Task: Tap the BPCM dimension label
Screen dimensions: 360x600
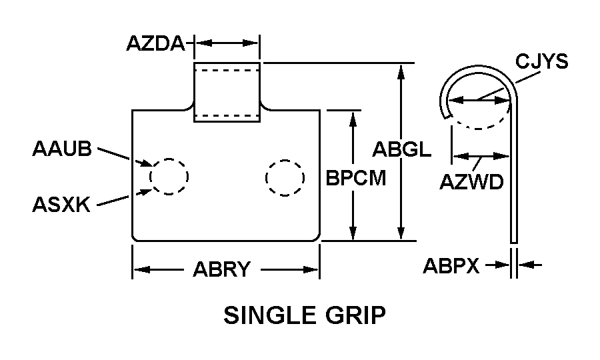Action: pos(355,179)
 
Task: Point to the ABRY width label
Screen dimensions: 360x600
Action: pos(221,269)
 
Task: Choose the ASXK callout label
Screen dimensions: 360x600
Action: pos(61,204)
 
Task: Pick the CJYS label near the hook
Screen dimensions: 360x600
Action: pos(541,62)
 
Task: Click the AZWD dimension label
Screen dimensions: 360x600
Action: pos(471,181)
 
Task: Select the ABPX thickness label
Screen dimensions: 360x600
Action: pos(451,266)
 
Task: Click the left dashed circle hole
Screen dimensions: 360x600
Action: pos(169,177)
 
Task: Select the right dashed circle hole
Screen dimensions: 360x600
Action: pos(285,177)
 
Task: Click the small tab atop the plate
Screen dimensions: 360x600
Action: pos(227,93)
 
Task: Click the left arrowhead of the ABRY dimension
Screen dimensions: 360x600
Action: pos(141,269)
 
